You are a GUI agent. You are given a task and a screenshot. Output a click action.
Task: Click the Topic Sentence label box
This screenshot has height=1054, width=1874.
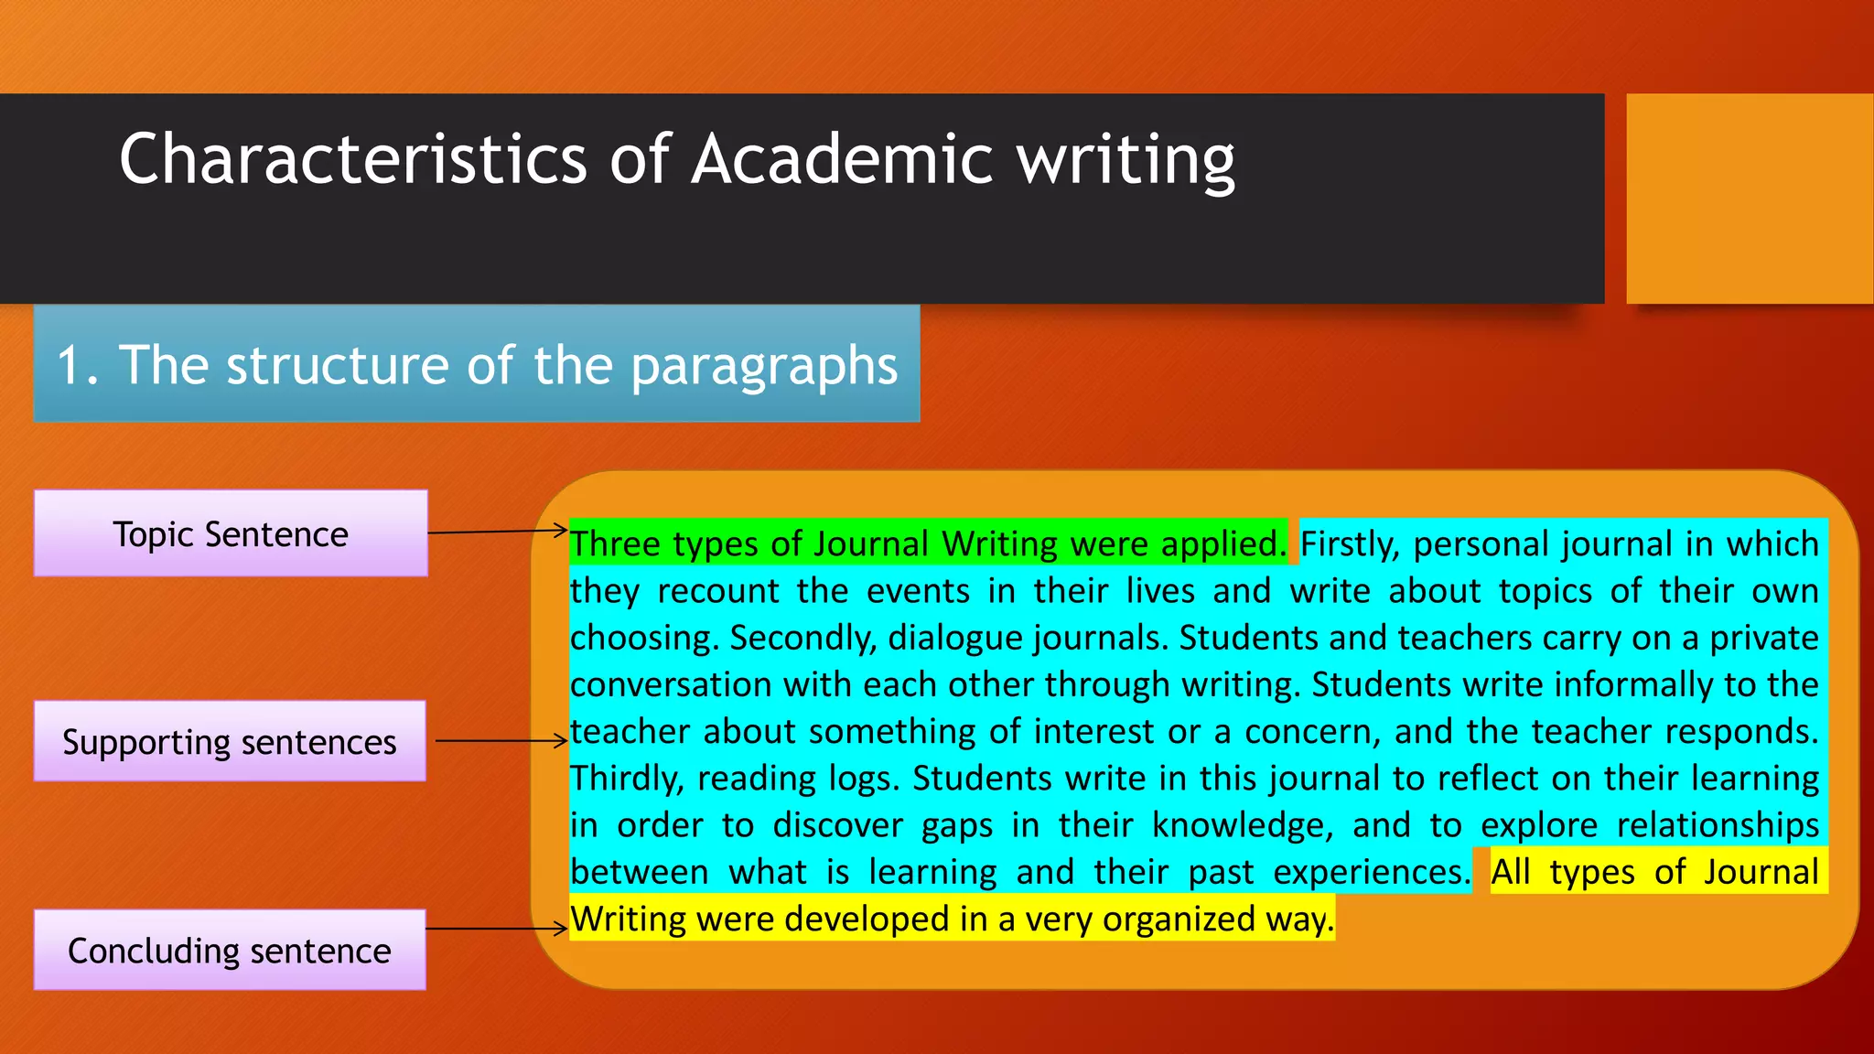(x=231, y=533)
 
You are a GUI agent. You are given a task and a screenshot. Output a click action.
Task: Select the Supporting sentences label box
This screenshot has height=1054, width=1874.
(x=230, y=741)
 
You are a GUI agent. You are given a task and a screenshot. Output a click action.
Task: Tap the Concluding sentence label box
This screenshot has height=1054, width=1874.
(x=230, y=950)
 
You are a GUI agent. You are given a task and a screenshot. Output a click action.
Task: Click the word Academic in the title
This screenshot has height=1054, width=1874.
(x=841, y=159)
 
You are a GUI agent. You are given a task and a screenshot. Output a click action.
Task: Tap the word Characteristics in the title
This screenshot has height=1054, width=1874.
(x=352, y=159)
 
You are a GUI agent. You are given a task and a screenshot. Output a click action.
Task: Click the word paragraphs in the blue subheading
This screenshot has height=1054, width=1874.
(x=764, y=366)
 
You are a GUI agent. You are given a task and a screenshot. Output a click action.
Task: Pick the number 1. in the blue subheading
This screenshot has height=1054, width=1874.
(x=78, y=365)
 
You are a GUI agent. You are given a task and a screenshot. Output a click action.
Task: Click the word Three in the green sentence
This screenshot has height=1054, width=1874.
(x=616, y=544)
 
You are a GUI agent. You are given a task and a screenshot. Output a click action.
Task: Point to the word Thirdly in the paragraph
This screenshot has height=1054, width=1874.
(x=627, y=779)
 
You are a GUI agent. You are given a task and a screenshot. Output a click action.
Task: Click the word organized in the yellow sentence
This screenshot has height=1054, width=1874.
(x=1179, y=919)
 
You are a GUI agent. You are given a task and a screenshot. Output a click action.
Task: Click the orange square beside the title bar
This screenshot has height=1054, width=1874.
(x=1750, y=199)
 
